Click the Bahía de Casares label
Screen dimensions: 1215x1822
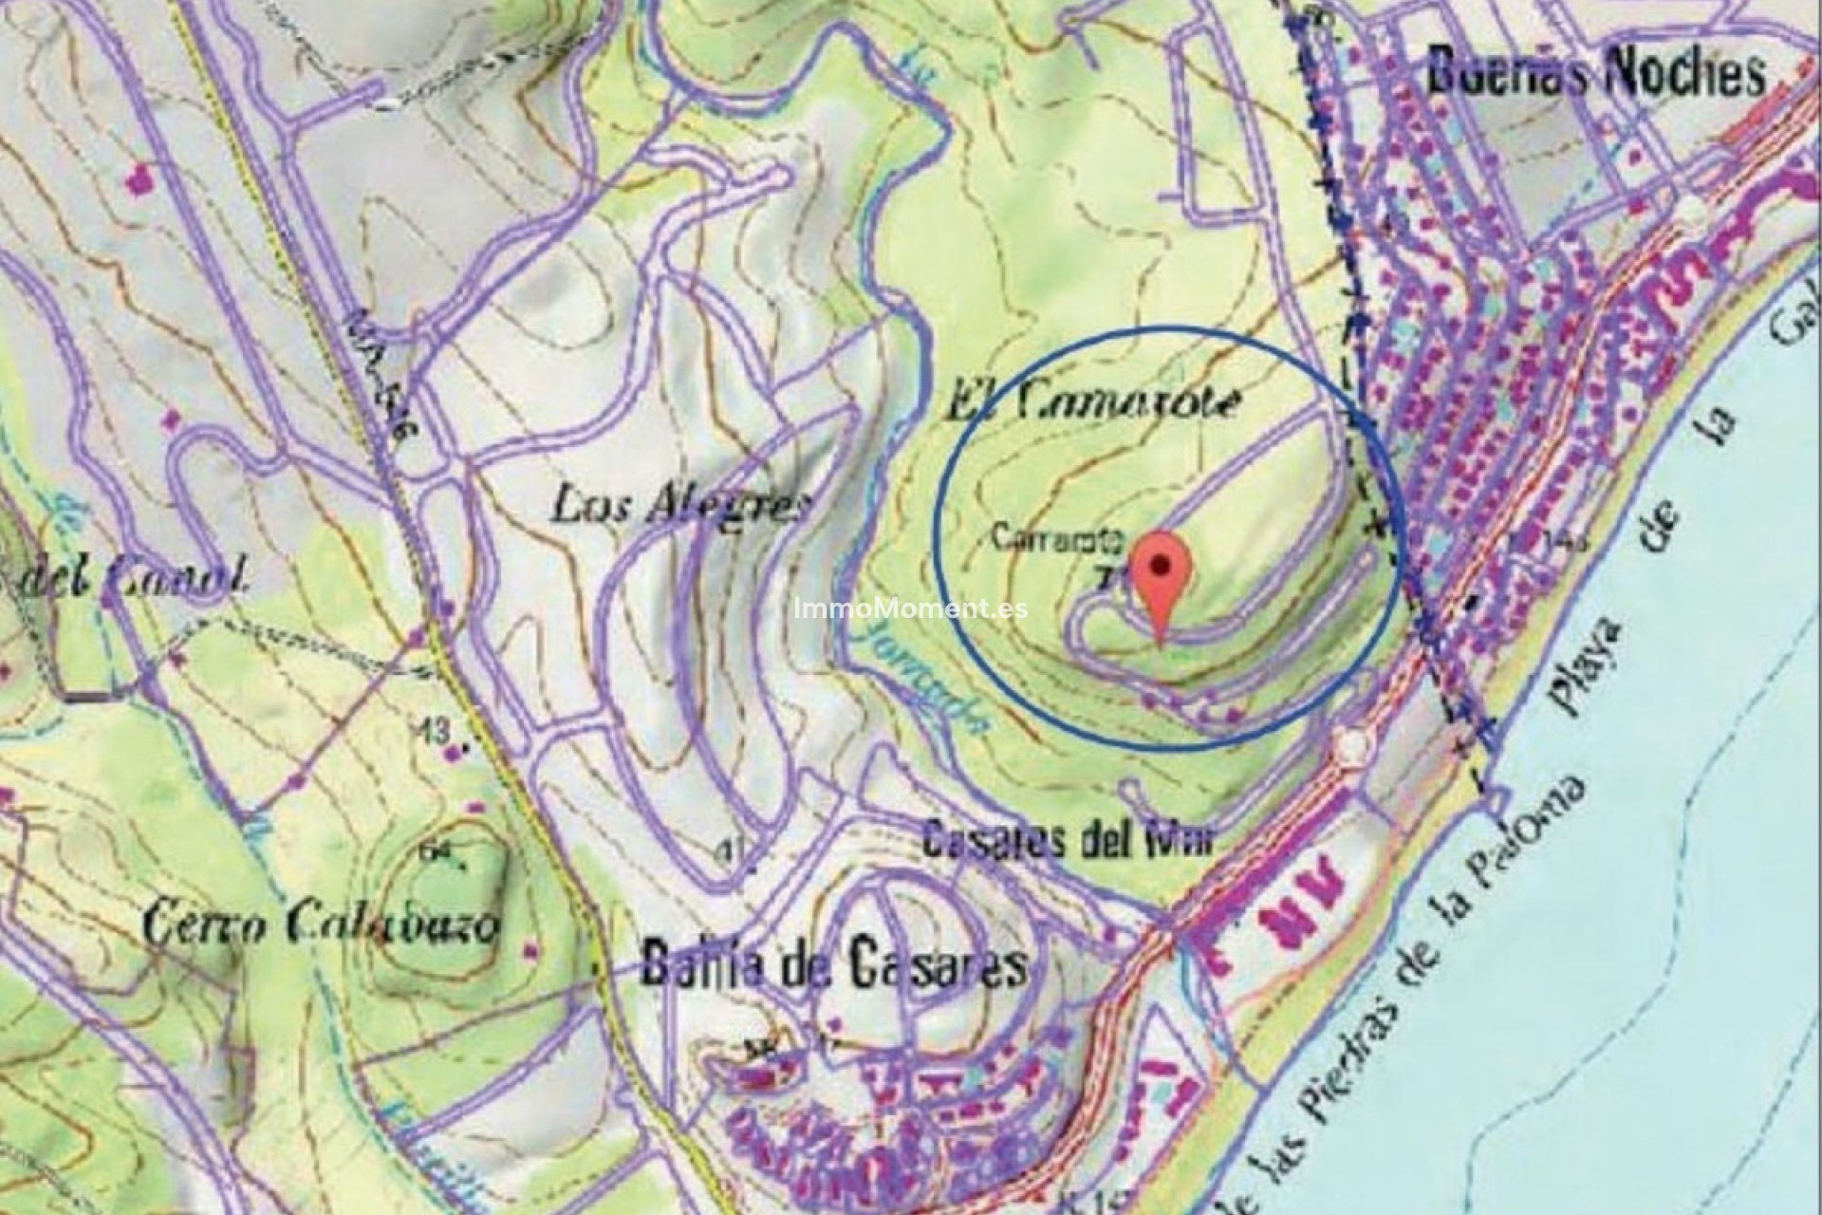click(x=833, y=964)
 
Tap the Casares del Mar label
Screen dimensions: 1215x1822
click(x=1069, y=841)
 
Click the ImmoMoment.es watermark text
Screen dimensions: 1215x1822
click(x=910, y=608)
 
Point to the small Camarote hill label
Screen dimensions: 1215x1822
click(x=1058, y=540)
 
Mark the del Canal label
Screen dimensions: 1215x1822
click(x=133, y=576)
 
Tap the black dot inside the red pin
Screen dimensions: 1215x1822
click(x=1161, y=563)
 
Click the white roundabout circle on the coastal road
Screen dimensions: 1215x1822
click(x=1353, y=746)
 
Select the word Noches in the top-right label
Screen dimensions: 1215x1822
click(x=1684, y=73)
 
